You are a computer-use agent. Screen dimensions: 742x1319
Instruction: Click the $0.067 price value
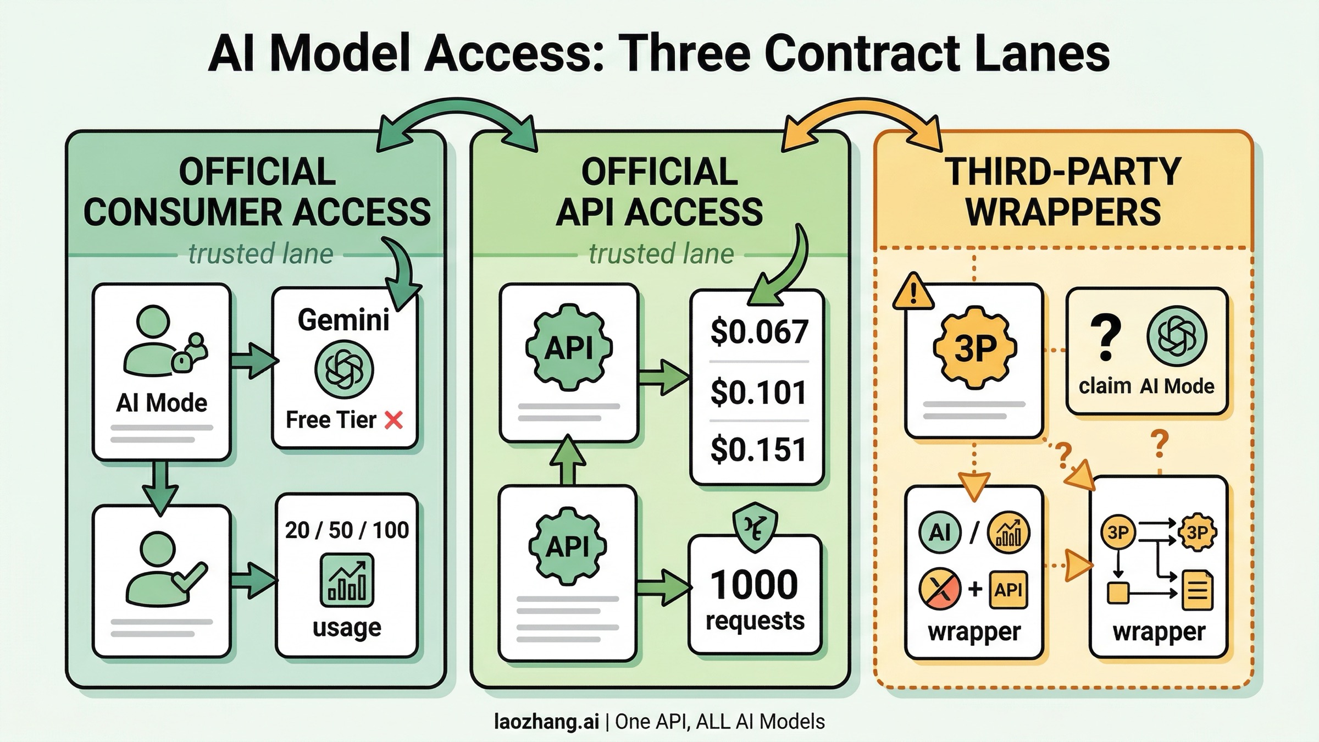(759, 332)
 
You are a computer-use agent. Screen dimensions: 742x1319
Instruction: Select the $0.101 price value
(759, 392)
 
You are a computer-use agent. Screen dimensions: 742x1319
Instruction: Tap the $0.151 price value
(759, 450)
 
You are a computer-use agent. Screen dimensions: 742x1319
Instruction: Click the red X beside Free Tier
(394, 420)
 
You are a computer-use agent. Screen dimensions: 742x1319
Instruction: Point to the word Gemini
(343, 320)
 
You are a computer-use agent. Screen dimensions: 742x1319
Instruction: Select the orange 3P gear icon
(974, 348)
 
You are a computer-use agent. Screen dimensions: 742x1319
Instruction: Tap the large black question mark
(1105, 337)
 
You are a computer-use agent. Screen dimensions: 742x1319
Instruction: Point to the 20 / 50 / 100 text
(347, 530)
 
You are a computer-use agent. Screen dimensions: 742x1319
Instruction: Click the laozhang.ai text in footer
(546, 722)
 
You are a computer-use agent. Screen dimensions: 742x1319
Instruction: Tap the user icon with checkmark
(162, 569)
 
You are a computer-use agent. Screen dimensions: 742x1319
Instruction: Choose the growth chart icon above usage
(347, 580)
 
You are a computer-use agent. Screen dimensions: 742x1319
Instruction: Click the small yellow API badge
(1008, 590)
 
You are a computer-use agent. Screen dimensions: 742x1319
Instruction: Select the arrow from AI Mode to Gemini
(253, 361)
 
